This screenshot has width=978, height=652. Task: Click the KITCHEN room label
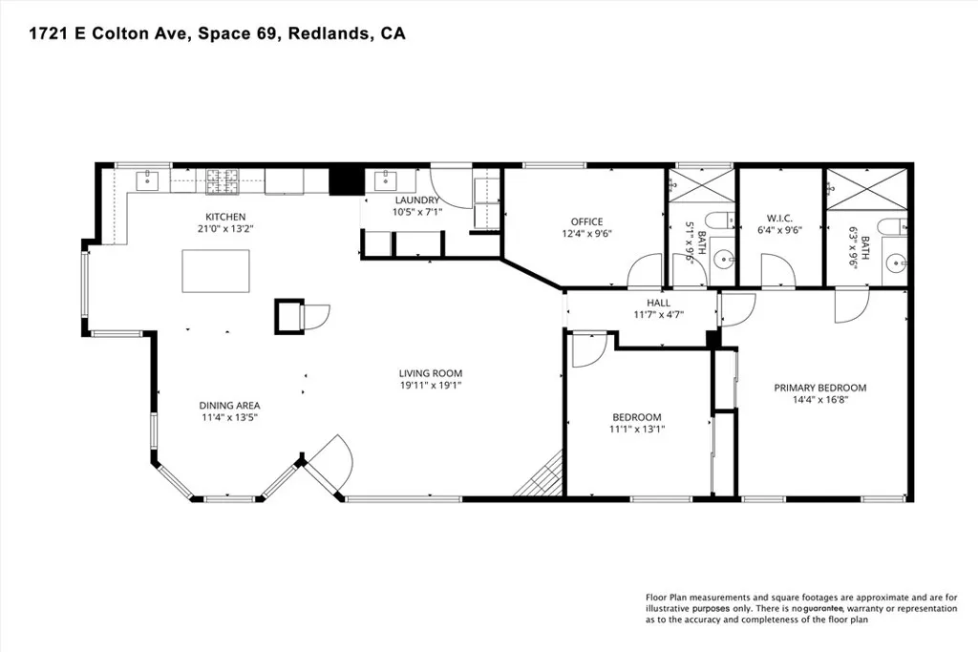pyautogui.click(x=225, y=217)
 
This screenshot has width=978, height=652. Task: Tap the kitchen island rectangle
pyautogui.click(x=216, y=270)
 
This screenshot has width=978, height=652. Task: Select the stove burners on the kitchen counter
pyautogui.click(x=222, y=180)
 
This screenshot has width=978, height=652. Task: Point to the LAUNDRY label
pyautogui.click(x=417, y=200)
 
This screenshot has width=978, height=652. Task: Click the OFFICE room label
pyautogui.click(x=587, y=221)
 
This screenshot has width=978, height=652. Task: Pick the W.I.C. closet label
pyautogui.click(x=779, y=219)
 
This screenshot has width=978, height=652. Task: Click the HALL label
pyautogui.click(x=659, y=303)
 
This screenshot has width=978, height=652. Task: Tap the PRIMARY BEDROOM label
pyautogui.click(x=820, y=388)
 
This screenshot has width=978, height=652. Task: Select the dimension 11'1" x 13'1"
pyautogui.click(x=637, y=429)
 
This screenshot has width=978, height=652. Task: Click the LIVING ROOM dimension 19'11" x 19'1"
pyautogui.click(x=431, y=386)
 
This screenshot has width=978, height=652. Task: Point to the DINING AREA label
pyautogui.click(x=229, y=406)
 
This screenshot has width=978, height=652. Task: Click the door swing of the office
pyautogui.click(x=645, y=270)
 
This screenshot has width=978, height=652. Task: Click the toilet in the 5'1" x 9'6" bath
pyautogui.click(x=720, y=220)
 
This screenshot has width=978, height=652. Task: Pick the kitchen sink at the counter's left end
pyautogui.click(x=148, y=180)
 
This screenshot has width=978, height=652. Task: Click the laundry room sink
pyautogui.click(x=385, y=180)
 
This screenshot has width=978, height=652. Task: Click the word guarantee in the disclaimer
pyautogui.click(x=823, y=608)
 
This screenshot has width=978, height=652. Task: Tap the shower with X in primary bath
pyautogui.click(x=867, y=189)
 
